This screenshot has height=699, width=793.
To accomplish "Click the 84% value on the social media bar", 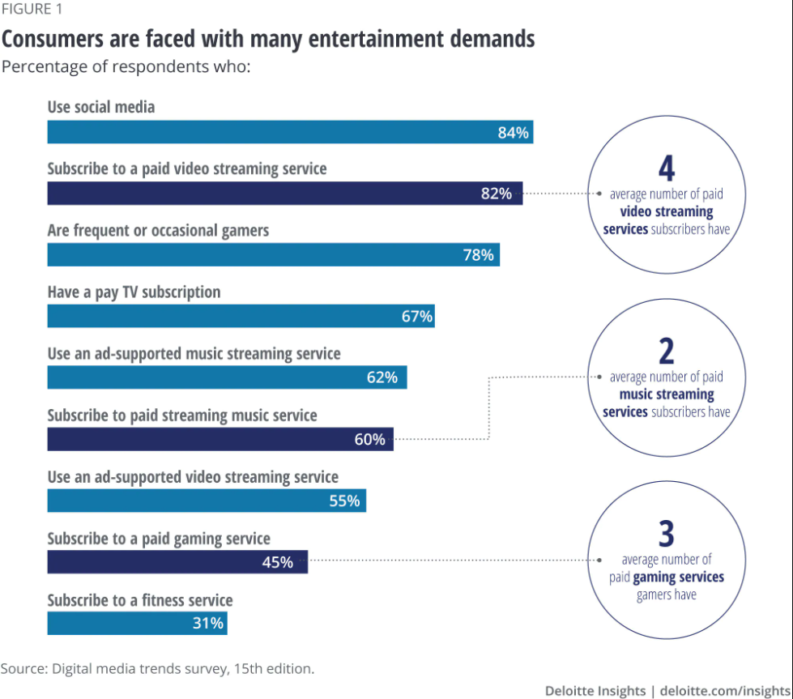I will tap(513, 133).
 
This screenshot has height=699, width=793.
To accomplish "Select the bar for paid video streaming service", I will tap(284, 194).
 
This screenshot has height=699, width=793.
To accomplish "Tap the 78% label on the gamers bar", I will tap(478, 255).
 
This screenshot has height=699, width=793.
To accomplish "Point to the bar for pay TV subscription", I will tap(241, 316).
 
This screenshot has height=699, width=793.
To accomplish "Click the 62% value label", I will tap(382, 377).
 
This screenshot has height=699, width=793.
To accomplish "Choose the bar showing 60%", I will tap(220, 439).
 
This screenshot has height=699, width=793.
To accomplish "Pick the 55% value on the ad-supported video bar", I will tap(344, 501).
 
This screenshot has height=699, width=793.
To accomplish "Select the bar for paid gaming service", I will tap(177, 562).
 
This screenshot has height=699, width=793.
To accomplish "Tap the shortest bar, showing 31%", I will tap(137, 624).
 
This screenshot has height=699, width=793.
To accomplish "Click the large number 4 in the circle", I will tap(666, 168).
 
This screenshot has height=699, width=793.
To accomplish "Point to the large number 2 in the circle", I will tap(666, 351).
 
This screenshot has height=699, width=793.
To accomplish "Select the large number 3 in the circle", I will tap(666, 535).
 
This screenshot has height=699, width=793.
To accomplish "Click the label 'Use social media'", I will tap(101, 107).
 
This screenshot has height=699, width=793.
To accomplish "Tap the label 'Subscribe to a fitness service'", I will tap(140, 600).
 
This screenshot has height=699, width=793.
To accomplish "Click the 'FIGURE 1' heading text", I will tap(31, 10).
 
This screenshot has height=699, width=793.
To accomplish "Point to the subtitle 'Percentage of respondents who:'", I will tap(126, 66).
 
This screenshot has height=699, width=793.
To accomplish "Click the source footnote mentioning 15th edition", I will tap(157, 668).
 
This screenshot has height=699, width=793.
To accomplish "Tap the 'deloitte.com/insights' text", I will tap(726, 690).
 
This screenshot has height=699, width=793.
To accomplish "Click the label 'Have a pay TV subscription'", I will tap(134, 292).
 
